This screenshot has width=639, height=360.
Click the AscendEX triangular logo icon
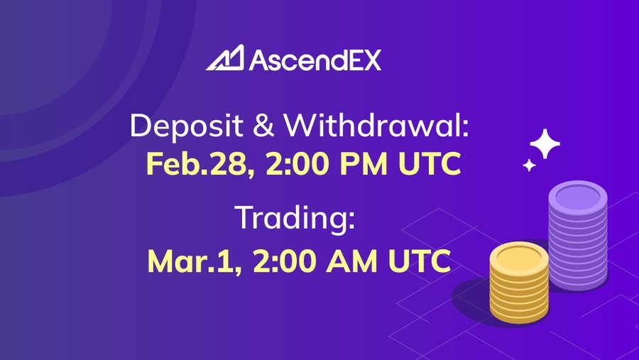coord(225,58)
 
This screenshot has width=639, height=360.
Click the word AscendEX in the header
coord(315,60)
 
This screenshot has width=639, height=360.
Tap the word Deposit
coord(187,126)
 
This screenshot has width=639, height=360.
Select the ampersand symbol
coord(263,125)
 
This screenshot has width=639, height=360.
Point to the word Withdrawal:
coord(376,124)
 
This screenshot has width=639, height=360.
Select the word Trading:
coord(295,219)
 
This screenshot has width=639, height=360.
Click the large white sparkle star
coord(545,143)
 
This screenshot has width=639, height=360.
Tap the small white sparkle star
coord(529,165)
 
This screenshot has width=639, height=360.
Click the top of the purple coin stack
coord(578,197)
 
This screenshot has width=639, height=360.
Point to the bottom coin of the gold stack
coord(519,314)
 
